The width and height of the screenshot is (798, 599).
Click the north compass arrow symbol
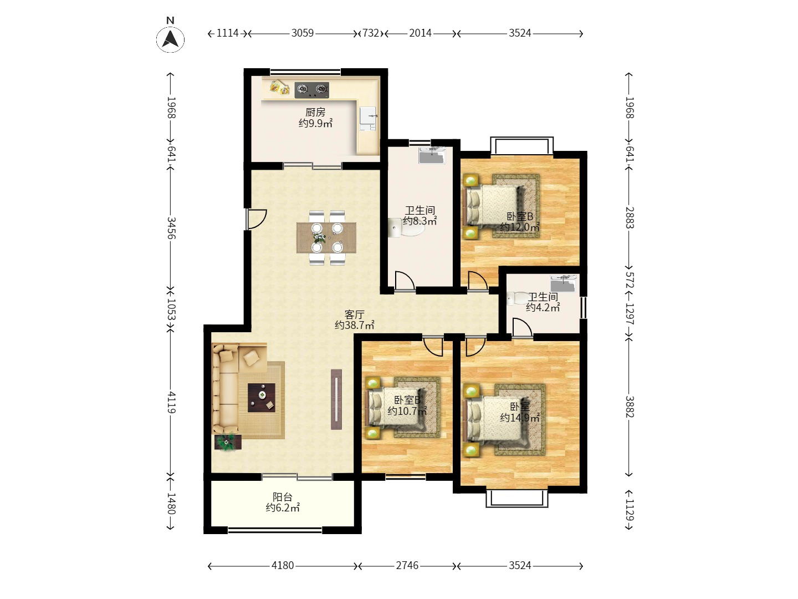pyautogui.click(x=170, y=39)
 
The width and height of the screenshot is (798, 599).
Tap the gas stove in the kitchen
pyautogui.click(x=311, y=90)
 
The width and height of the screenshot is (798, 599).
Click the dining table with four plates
pyautogui.click(x=326, y=238)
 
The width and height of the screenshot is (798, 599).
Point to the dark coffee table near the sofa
pyautogui.click(x=262, y=398)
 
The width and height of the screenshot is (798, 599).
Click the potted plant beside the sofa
pyautogui.click(x=228, y=442)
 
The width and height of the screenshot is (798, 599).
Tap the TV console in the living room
pyautogui.click(x=336, y=399)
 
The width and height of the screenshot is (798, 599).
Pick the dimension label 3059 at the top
pyautogui.click(x=303, y=33)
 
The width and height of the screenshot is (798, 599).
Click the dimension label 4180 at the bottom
pyautogui.click(x=283, y=566)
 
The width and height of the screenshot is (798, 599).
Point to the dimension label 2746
pyautogui.click(x=407, y=566)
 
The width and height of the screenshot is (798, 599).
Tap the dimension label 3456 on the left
pyautogui.click(x=171, y=228)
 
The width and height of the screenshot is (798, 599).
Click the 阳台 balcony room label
pyautogui.click(x=283, y=497)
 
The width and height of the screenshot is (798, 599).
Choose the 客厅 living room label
pyautogui.click(x=354, y=314)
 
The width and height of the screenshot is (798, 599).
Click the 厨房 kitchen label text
pyautogui.click(x=315, y=112)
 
